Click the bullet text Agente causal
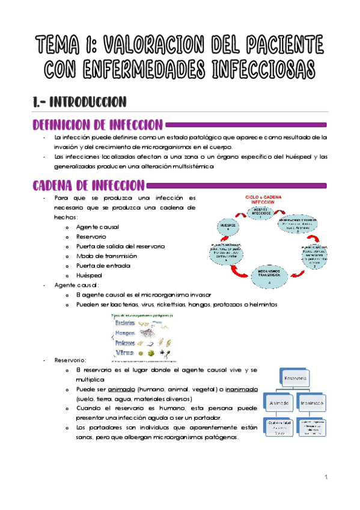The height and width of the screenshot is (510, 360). [x=97, y=226]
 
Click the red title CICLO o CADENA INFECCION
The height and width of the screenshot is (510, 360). [x=266, y=200]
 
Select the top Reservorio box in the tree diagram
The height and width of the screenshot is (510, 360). [x=295, y=379]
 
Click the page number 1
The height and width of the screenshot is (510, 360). [x=324, y=478]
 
